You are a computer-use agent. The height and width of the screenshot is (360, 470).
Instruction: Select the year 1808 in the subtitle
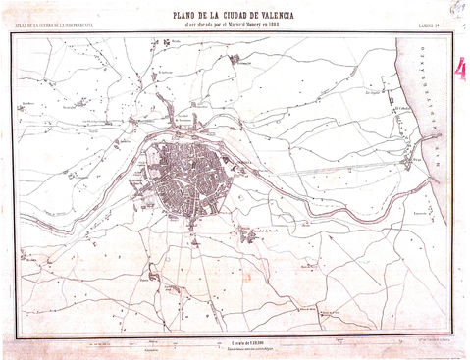pos(287,25)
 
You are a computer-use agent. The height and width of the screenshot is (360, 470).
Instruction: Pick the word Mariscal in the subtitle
pos(234,25)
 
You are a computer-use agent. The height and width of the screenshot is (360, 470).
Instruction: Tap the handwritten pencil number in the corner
pos(455,10)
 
